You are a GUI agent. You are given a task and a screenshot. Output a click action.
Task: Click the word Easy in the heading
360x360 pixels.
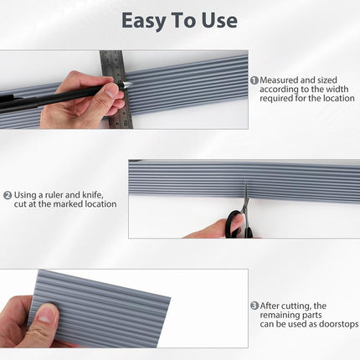pos(143,21)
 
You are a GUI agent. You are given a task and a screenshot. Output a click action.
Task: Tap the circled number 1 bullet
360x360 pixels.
pos(255,80)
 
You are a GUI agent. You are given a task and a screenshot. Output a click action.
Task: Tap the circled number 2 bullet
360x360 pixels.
pos(8,195)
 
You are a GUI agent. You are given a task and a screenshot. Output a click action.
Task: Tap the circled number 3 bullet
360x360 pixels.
pos(255,306)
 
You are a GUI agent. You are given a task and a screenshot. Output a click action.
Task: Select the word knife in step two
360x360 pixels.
pos(93,194)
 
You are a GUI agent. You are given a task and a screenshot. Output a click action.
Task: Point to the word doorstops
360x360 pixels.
pos(338,324)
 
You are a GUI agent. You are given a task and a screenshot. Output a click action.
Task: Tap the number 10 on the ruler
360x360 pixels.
pos(126,122)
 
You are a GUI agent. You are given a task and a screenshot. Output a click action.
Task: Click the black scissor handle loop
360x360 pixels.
pos(234,224)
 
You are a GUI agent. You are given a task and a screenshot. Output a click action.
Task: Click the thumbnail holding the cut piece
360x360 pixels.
pos(44,316)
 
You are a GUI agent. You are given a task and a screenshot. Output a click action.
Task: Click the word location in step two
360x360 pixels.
pos(100,204)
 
